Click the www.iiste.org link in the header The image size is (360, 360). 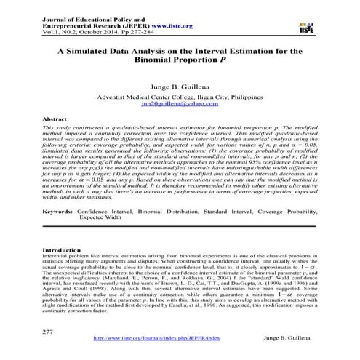pos(162,26)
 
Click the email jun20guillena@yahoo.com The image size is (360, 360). pos(179,105)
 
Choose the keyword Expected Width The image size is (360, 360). pos(103,217)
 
